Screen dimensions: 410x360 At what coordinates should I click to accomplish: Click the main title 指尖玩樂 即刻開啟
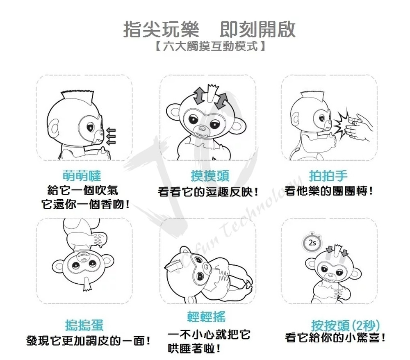click(210, 29)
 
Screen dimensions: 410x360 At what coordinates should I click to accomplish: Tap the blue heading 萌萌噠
click(82, 175)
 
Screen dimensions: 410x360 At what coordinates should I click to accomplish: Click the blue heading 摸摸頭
click(210, 175)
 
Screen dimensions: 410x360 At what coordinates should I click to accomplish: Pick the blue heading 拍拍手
click(328, 175)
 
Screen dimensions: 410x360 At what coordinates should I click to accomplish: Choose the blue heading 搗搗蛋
click(84, 325)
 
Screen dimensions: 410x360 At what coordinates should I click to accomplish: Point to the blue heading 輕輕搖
click(207, 317)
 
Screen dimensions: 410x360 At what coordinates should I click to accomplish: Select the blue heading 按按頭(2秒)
click(345, 326)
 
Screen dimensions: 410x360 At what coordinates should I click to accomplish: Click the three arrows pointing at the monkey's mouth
click(111, 136)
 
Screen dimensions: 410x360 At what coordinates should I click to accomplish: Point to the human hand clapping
click(359, 128)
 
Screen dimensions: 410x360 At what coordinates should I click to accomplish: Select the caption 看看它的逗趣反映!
click(208, 192)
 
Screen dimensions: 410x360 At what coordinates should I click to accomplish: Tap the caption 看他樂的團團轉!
click(329, 191)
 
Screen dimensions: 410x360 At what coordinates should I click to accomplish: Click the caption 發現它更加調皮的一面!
click(89, 341)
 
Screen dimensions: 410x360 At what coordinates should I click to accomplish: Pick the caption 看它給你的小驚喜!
click(335, 337)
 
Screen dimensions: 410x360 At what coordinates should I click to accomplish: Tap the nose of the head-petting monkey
click(202, 128)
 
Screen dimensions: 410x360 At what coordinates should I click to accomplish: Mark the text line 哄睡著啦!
click(194, 349)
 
